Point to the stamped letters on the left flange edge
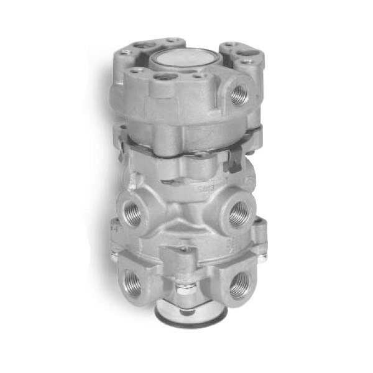(112, 228)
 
